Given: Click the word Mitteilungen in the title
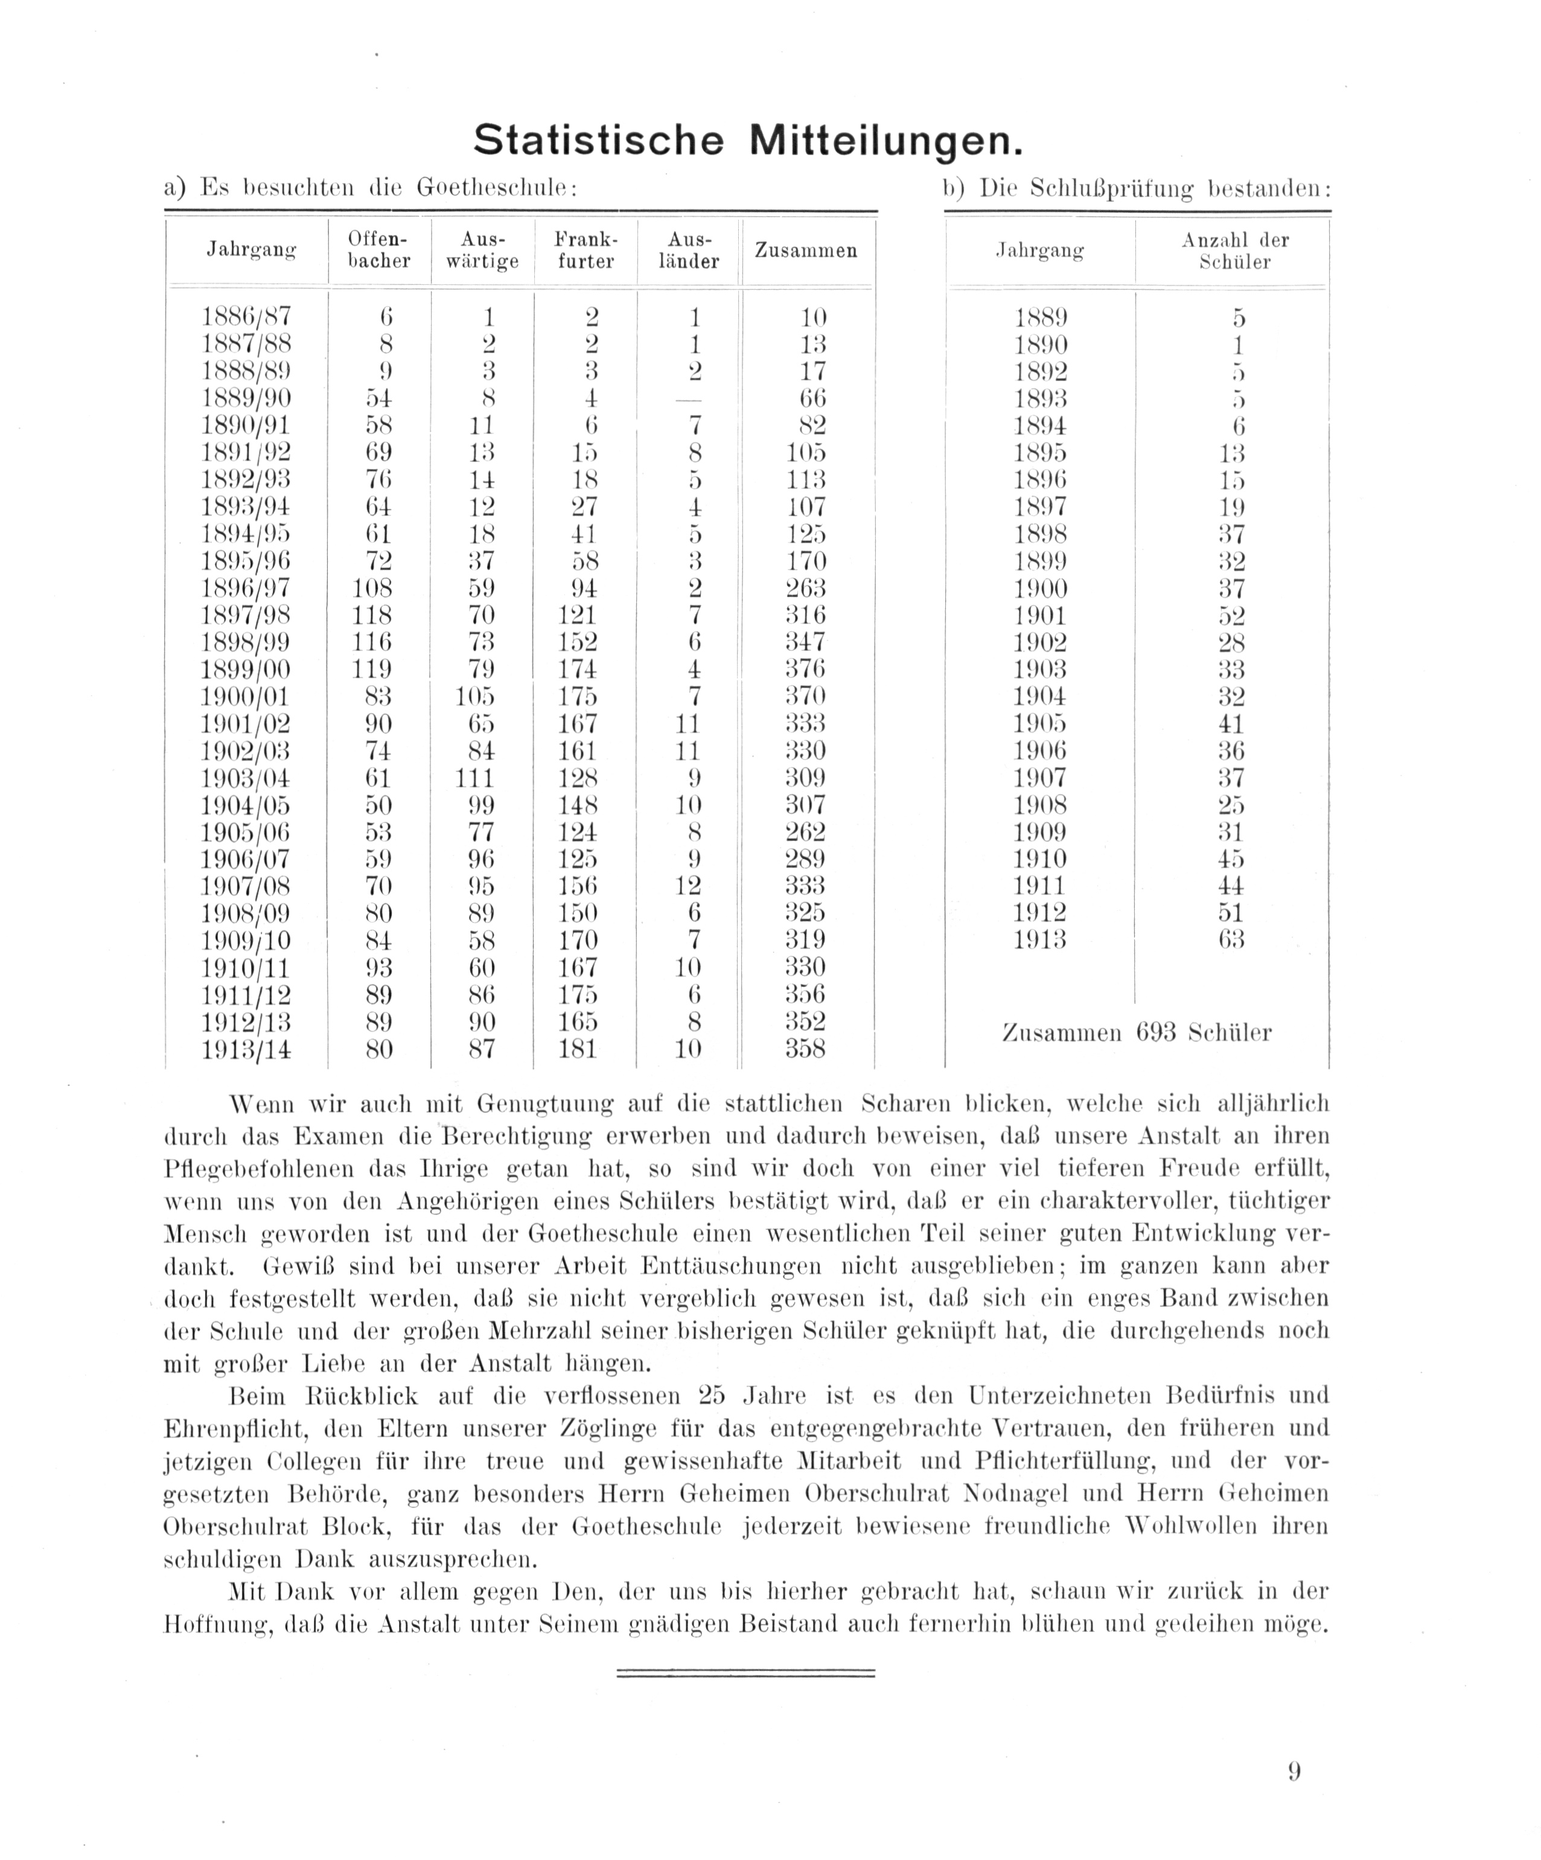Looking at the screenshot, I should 885,140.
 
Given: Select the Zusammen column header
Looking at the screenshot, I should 806,251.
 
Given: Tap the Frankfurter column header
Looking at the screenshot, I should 585,251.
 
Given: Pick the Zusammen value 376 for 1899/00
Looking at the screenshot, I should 806,670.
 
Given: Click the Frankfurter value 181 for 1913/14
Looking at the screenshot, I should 578,1050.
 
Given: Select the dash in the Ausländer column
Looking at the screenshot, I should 688,400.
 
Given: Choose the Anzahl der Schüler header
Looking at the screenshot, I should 1234,251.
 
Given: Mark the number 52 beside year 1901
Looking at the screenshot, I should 1231,616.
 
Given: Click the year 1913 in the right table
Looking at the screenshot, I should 1040,940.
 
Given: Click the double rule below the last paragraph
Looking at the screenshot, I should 745,1673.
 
